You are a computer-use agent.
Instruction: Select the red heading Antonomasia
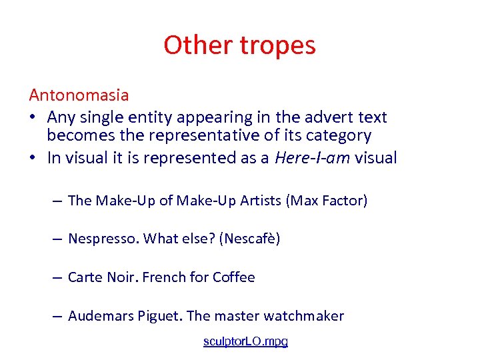click(x=79, y=95)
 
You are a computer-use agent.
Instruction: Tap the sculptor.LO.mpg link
click(x=245, y=341)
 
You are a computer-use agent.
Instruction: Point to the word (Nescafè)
click(x=248, y=238)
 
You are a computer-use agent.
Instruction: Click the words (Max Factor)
click(x=326, y=200)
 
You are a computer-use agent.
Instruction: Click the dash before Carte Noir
click(x=58, y=277)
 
